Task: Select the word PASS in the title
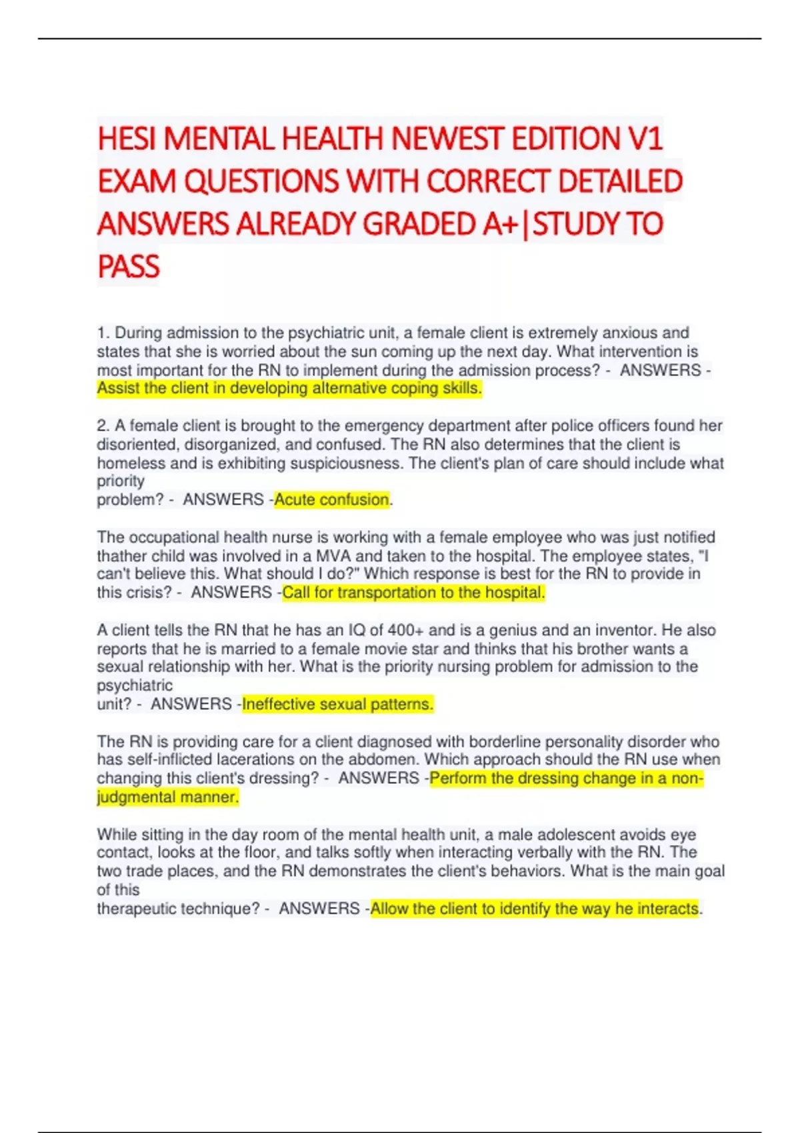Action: (x=129, y=267)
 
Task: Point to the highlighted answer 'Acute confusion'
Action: (x=331, y=500)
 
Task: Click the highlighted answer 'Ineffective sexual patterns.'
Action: (x=338, y=704)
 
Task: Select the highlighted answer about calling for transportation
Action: (x=413, y=592)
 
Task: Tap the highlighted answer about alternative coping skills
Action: (x=289, y=389)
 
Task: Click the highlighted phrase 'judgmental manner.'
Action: (x=168, y=797)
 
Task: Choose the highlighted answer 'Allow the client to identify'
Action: (x=535, y=908)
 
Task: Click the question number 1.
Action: (x=103, y=333)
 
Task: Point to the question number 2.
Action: (x=103, y=425)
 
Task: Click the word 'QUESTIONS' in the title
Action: (x=261, y=181)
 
